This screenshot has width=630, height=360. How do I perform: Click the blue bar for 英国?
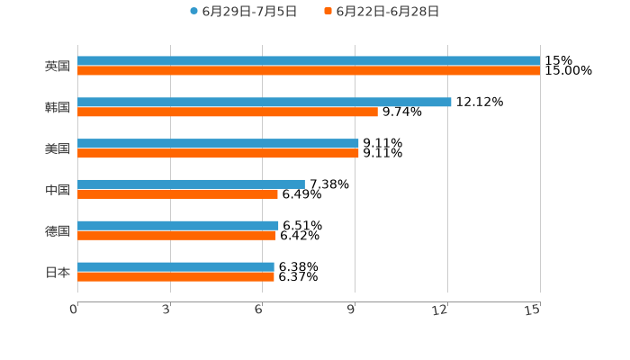pos(309,61)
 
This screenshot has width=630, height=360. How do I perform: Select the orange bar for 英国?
pos(309,71)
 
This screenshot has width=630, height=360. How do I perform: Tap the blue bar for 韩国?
pos(265,103)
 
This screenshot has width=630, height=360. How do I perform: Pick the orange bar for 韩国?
pos(228,112)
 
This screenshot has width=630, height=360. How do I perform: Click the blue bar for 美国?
pos(218,143)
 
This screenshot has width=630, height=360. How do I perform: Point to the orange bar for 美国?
pos(218,154)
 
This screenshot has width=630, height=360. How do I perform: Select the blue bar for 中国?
pos(191,184)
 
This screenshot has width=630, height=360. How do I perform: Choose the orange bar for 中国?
pos(177,194)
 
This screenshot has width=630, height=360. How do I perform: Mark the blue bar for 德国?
pos(178,225)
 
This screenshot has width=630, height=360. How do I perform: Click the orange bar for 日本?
pos(175,277)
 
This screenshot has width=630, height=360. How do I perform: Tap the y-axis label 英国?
pos(58,67)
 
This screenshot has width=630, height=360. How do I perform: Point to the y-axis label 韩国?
pos(58,108)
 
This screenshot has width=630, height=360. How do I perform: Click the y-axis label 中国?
pos(58,190)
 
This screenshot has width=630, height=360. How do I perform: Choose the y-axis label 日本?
pos(58,272)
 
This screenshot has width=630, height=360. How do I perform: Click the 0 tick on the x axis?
pos(74,310)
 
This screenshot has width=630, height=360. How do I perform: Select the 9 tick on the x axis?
pos(352,310)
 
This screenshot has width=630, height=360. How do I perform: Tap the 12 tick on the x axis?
pos(440,310)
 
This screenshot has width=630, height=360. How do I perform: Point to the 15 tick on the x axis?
pos(533,310)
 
